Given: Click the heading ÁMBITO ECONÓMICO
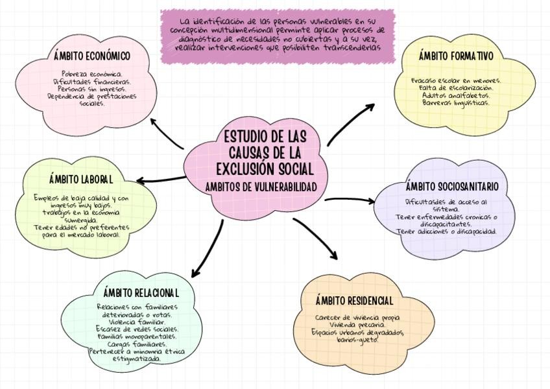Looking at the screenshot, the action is (x=92, y=56).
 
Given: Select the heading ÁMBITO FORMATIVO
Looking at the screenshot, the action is (x=455, y=56).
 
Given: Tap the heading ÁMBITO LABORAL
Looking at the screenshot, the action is (x=81, y=178).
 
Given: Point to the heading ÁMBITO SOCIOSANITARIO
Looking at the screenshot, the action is (x=452, y=187).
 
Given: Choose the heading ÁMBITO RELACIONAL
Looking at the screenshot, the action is (x=141, y=292).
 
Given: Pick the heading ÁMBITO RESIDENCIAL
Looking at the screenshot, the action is (x=354, y=301).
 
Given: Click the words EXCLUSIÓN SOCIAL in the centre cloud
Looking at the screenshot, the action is (x=265, y=170).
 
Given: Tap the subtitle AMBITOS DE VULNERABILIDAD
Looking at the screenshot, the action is (x=265, y=187).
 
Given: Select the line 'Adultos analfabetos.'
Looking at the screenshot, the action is (x=456, y=95).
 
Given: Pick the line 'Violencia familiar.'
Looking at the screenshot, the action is (x=137, y=322).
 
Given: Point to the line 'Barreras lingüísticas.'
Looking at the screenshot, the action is (x=456, y=102).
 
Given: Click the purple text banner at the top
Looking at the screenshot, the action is (x=278, y=36).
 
